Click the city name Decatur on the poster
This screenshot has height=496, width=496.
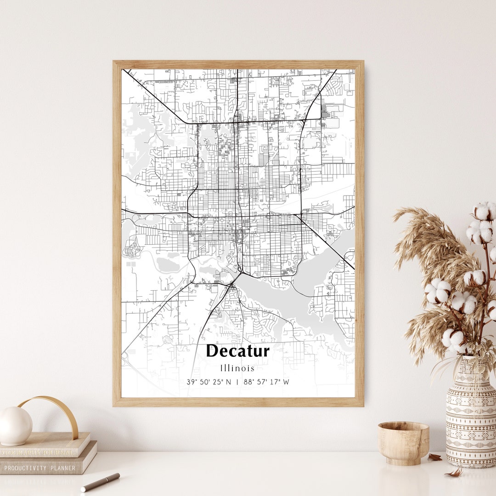point(237,351)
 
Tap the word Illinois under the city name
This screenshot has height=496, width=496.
point(237,368)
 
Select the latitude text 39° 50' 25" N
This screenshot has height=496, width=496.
point(209,382)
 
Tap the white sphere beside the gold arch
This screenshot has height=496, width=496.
point(15,425)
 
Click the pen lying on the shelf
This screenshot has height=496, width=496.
point(100,482)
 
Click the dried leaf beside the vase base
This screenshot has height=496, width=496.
point(434,457)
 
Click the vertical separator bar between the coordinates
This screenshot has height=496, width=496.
point(237,382)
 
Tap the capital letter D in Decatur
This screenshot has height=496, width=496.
point(213,351)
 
